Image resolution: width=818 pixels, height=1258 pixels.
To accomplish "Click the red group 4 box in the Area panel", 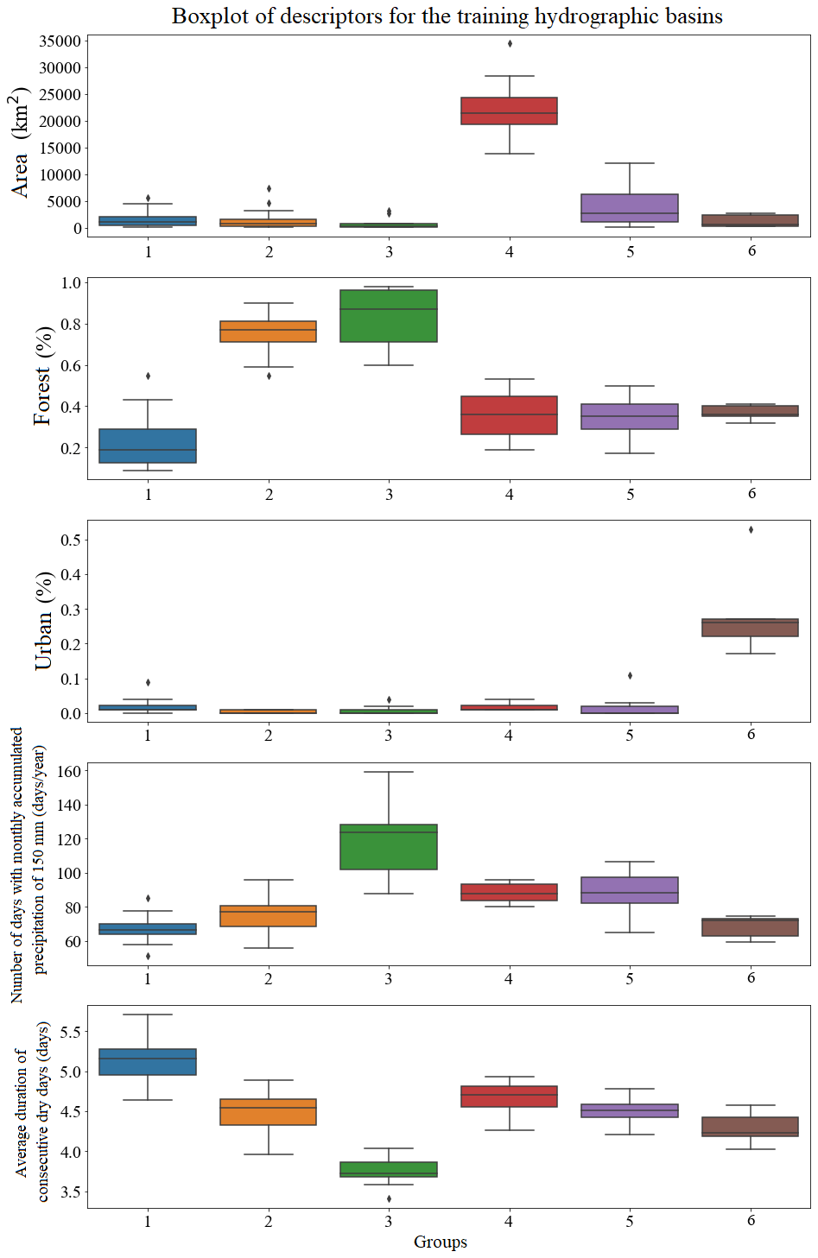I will click(x=509, y=111).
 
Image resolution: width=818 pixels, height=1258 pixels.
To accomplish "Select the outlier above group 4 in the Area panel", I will click(x=510, y=43).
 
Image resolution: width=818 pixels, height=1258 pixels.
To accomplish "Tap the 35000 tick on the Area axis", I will click(x=60, y=41).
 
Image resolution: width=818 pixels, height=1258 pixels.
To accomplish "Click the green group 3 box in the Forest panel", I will click(x=389, y=316).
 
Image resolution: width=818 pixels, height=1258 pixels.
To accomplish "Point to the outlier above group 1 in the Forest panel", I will click(x=149, y=376).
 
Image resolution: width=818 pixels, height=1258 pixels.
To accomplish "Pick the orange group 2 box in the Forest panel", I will click(x=269, y=332).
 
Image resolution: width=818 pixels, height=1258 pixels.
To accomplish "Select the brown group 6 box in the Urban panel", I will click(x=750, y=628).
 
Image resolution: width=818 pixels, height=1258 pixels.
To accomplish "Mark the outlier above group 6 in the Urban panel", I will click(x=751, y=530).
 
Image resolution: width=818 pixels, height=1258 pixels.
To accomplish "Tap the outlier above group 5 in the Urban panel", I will click(x=630, y=675).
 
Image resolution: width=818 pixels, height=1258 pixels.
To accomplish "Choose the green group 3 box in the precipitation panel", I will click(x=389, y=847).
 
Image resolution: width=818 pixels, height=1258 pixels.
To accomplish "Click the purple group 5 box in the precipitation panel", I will click(x=630, y=890).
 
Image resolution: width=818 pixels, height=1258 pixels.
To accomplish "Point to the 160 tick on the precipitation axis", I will click(x=67, y=772).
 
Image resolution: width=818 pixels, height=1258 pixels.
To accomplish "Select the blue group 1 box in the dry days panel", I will click(x=148, y=1062).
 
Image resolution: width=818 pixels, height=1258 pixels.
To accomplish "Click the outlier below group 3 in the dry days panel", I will click(x=389, y=1198).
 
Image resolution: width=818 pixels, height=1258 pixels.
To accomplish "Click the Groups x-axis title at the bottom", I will click(x=441, y=1242).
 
